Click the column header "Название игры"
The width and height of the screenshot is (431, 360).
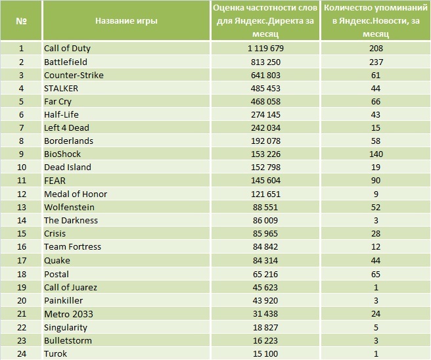click(126, 20)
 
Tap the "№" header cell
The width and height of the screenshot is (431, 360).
click(21, 20)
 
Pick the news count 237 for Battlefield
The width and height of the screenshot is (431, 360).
click(376, 61)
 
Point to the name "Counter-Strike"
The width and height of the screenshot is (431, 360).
click(74, 74)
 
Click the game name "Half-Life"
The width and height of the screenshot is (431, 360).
click(61, 114)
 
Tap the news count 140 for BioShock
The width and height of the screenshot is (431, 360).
click(376, 154)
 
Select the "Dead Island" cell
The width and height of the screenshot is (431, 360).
click(68, 168)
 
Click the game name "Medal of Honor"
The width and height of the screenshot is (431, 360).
click(76, 194)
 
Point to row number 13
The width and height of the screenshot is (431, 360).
click(21, 207)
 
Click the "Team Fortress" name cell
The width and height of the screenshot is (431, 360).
click(72, 247)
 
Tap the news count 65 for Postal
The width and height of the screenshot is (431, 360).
click(376, 274)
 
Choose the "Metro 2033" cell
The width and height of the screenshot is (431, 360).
click(68, 313)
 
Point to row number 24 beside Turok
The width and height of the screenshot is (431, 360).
click(21, 353)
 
